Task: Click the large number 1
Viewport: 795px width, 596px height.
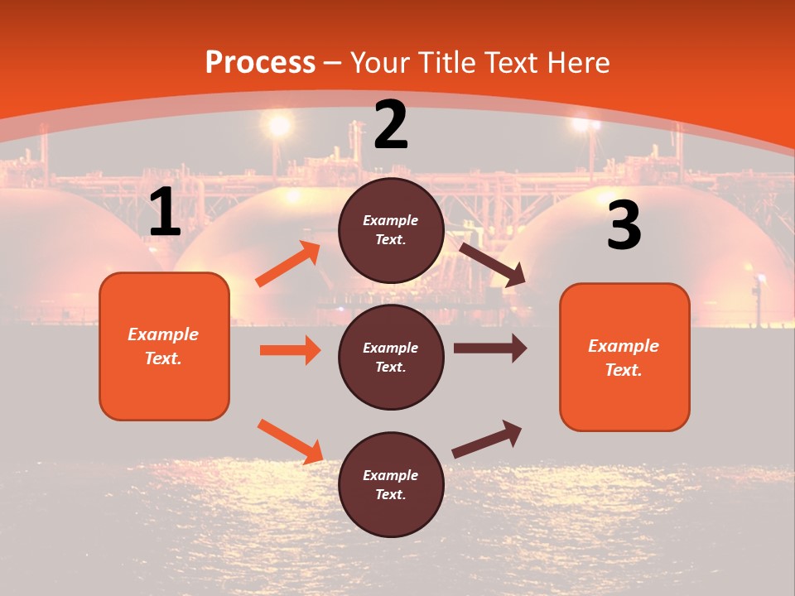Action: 165,212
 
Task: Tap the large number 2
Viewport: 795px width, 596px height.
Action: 391,125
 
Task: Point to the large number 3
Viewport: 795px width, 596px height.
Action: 624,225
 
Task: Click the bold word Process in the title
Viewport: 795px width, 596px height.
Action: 260,62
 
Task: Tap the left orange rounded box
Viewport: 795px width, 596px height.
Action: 164,346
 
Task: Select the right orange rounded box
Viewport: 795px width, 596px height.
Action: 624,357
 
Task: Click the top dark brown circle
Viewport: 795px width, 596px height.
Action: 391,230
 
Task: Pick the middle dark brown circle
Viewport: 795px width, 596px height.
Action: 391,357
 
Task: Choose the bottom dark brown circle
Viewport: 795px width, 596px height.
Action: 391,484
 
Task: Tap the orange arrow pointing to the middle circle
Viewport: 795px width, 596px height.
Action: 290,350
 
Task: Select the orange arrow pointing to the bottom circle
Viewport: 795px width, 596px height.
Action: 291,440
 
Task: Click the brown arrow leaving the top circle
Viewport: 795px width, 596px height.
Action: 492,264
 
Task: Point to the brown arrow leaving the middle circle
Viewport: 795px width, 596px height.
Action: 490,348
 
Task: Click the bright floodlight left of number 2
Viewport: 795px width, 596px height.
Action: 279,125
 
